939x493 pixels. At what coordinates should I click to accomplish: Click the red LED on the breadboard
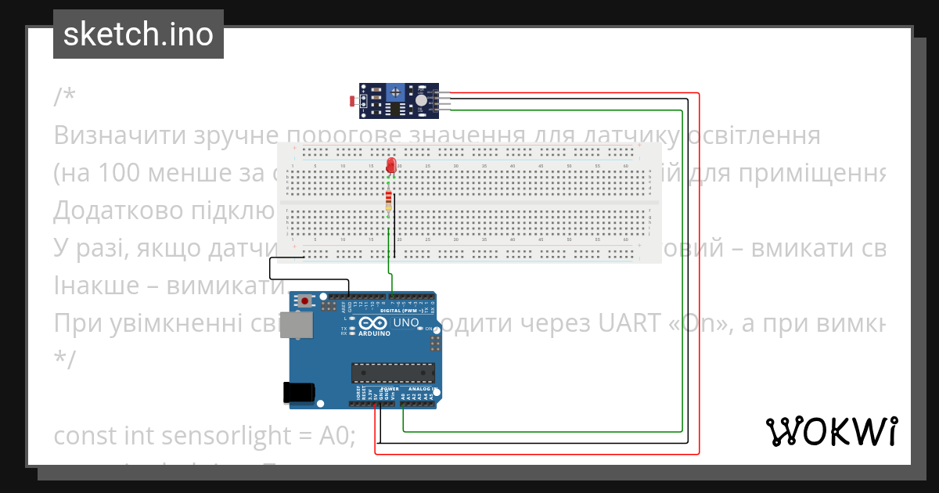click(391, 165)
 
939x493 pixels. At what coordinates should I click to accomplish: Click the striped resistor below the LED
click(390, 203)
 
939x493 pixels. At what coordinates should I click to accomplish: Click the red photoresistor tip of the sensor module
click(351, 100)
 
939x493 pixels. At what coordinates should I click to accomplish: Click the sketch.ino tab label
click(139, 34)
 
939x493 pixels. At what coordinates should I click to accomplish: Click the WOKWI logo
click(831, 431)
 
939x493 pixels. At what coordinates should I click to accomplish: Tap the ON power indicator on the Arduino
click(428, 329)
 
